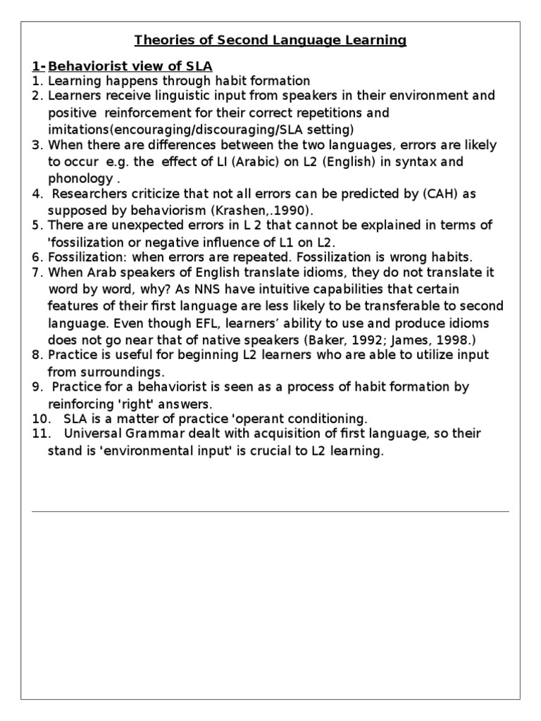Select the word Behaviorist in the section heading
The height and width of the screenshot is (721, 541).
(86, 66)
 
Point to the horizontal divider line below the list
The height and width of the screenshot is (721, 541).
(270, 511)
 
